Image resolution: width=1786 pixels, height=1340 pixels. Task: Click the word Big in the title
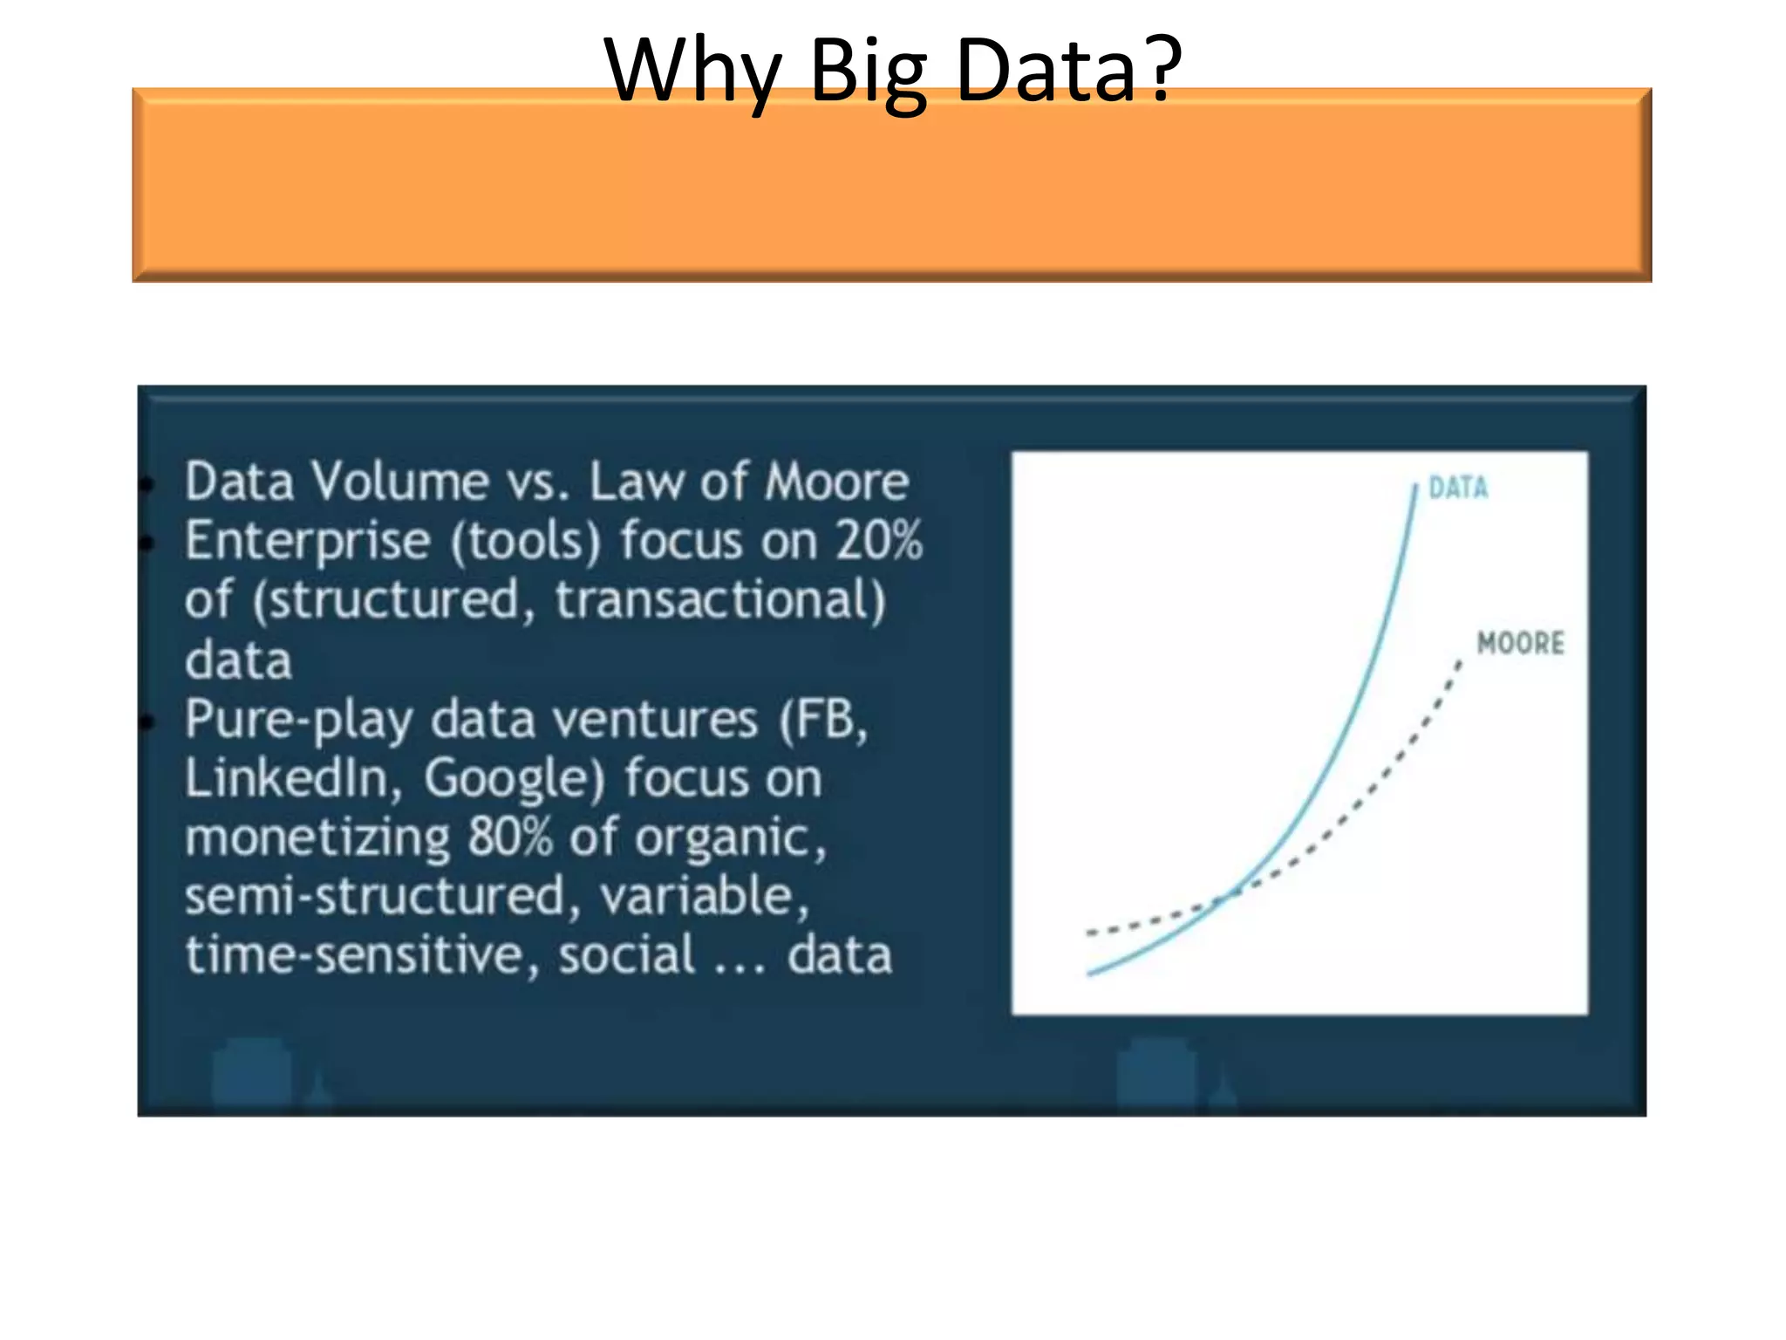coord(868,72)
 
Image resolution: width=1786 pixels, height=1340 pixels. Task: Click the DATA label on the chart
coord(1458,488)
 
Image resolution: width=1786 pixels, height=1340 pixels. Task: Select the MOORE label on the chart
coord(1520,644)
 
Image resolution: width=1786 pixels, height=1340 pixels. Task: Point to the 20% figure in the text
coord(878,541)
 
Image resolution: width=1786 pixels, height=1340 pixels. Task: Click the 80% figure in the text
coord(510,837)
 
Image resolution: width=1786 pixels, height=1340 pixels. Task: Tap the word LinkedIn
coord(286,777)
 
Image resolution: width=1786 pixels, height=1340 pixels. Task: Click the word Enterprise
coord(307,541)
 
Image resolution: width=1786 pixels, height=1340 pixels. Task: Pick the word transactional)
coord(720,600)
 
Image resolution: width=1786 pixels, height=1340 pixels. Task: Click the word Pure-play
coord(297,721)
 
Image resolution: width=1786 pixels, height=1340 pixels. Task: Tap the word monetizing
coord(317,837)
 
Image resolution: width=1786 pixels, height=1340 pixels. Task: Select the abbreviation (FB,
coord(823,721)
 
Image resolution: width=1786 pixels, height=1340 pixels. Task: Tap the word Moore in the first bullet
coord(836,482)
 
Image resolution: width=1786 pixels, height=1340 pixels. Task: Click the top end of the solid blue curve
coord(1414,487)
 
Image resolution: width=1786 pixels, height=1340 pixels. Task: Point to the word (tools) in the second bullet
coord(526,541)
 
